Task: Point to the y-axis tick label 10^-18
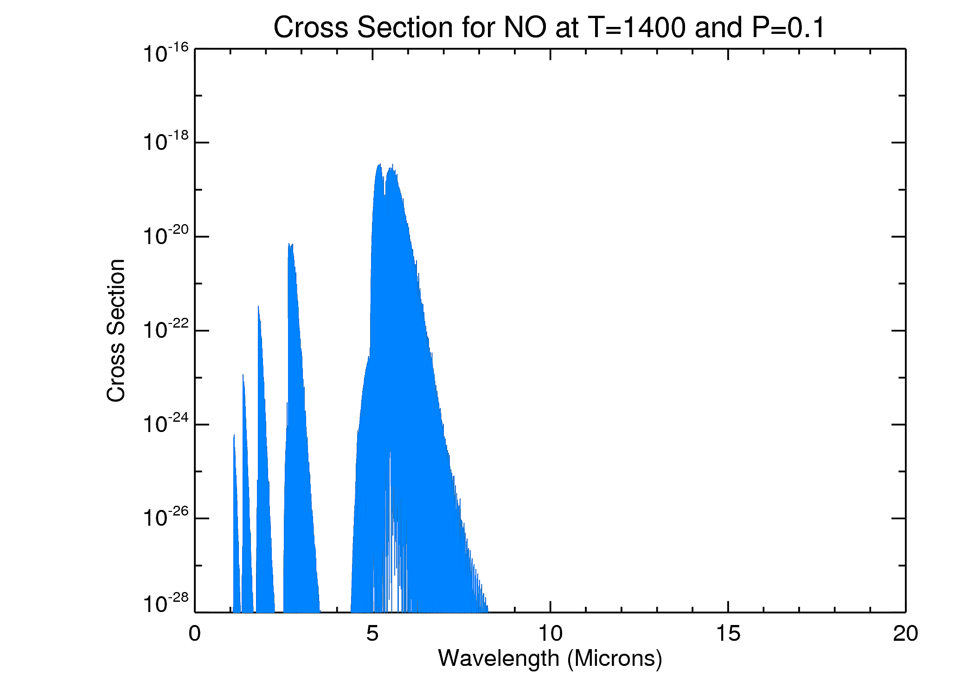pyautogui.click(x=166, y=142)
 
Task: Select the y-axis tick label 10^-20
pyautogui.click(x=166, y=236)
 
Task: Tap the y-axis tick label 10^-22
pyautogui.click(x=166, y=330)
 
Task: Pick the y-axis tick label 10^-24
pyautogui.click(x=166, y=424)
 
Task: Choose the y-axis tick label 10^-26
pyautogui.click(x=166, y=518)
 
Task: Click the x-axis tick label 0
pyautogui.click(x=195, y=634)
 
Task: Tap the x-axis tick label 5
pyautogui.click(x=372, y=634)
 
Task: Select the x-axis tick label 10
pyautogui.click(x=550, y=634)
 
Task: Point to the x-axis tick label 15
pyautogui.click(x=728, y=634)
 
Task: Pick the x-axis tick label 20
pyautogui.click(x=905, y=634)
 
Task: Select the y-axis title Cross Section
pyautogui.click(x=116, y=330)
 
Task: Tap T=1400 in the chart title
pyautogui.click(x=636, y=28)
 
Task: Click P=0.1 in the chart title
pyautogui.click(x=788, y=28)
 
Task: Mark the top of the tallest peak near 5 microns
pyautogui.click(x=380, y=164)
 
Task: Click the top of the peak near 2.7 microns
pyautogui.click(x=289, y=244)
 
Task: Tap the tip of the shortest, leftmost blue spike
pyautogui.click(x=234, y=435)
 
